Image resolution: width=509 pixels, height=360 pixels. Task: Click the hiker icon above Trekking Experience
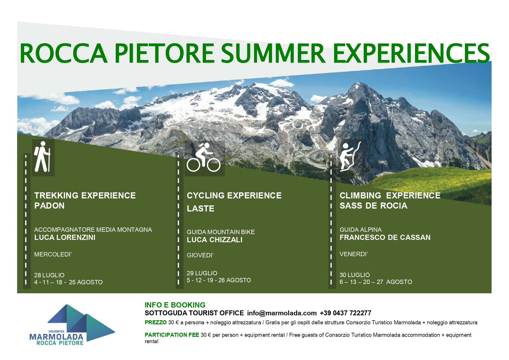(x=42, y=157)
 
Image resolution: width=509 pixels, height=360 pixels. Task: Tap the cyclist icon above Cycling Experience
(x=203, y=157)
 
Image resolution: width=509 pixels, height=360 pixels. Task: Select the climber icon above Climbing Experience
(x=350, y=157)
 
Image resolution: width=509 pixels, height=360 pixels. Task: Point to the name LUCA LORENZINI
(x=65, y=238)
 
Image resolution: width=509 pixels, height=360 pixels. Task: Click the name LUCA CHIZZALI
(x=215, y=240)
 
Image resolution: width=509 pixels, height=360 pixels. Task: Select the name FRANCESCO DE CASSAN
(x=385, y=238)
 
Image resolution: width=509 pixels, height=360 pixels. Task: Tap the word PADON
(x=49, y=206)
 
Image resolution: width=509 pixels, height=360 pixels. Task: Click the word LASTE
(x=200, y=209)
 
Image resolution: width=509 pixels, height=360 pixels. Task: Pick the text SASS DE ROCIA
(x=373, y=206)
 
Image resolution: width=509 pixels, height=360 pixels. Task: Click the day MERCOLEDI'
(x=53, y=254)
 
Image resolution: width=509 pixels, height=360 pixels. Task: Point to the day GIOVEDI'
(x=200, y=255)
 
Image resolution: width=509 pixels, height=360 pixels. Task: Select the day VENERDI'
(x=354, y=254)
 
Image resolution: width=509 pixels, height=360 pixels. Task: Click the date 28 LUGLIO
(x=49, y=275)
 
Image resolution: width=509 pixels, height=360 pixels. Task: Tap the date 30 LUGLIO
(x=355, y=275)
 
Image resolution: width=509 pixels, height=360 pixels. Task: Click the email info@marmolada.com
(x=282, y=313)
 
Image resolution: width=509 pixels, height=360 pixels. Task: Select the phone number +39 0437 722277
(x=345, y=313)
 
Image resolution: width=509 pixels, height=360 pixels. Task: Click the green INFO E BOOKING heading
(x=175, y=305)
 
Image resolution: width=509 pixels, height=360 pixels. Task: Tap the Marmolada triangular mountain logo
(x=81, y=322)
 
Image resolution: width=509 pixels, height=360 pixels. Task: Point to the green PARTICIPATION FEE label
(x=172, y=335)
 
